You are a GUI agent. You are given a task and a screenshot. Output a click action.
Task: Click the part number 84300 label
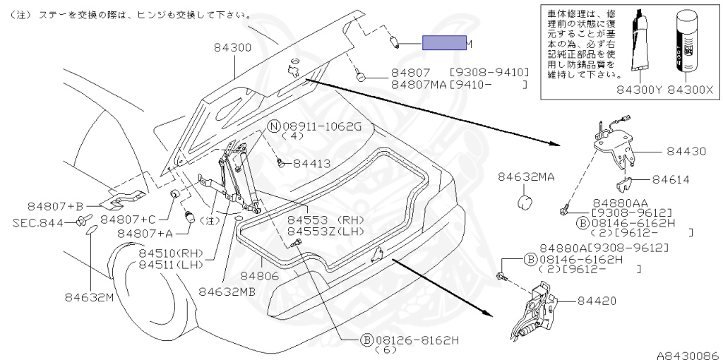click(x=232, y=47)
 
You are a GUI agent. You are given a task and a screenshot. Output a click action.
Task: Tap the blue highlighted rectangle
click(x=444, y=44)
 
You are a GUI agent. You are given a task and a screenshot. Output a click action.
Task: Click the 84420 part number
click(x=597, y=301)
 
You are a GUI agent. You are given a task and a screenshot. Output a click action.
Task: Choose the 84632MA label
click(x=526, y=176)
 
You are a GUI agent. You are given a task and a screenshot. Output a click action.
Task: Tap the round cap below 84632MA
click(x=525, y=203)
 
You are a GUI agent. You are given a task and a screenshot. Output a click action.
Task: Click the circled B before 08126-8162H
click(x=366, y=340)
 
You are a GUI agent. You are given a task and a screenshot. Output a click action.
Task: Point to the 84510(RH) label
click(x=170, y=253)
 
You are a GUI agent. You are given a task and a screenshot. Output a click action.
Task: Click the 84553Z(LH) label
click(x=324, y=231)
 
